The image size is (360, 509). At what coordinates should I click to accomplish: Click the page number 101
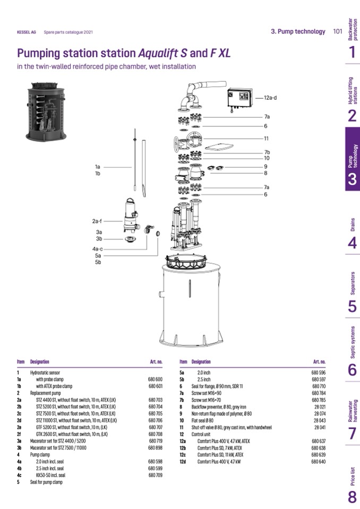[337, 31]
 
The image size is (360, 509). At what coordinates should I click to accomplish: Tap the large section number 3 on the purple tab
[352, 179]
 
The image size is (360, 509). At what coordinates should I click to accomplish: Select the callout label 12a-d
[271, 98]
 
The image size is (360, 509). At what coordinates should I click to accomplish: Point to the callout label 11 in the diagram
[267, 139]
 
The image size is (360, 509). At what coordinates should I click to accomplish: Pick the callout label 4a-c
[97, 248]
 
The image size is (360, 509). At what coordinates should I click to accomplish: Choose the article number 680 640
[318, 461]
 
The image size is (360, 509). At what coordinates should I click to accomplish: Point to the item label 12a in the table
[183, 441]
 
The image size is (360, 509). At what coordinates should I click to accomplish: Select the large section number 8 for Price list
[352, 497]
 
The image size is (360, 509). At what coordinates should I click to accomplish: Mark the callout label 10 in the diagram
[267, 158]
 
